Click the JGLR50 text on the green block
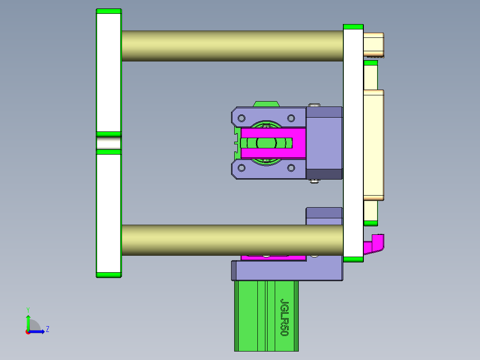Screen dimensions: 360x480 point(284,317)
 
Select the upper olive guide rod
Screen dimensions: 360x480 point(232,45)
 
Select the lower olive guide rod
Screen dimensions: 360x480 point(232,240)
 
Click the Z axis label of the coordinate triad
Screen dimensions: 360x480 point(47,329)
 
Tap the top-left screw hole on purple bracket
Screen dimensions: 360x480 point(242,118)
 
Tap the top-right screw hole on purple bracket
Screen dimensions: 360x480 point(291,118)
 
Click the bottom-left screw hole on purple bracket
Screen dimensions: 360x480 point(242,168)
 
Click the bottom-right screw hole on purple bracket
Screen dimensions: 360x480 point(291,168)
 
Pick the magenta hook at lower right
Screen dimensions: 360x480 point(375,244)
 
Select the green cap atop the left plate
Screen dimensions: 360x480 point(109,11)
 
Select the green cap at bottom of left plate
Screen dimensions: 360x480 point(109,274)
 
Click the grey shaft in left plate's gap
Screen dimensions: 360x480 point(109,143)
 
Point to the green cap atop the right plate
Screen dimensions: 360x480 point(353,27)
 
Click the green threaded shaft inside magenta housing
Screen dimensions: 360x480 point(266,143)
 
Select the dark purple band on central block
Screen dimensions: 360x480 point(325,174)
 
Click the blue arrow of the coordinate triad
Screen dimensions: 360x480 point(38,331)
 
